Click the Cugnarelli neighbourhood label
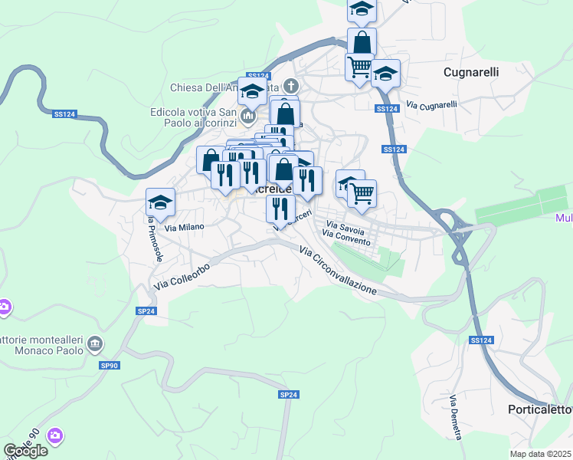point(471,72)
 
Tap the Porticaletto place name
point(540,410)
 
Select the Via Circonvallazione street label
point(338,271)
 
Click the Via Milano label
point(185,228)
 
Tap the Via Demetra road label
point(456,417)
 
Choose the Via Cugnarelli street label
point(431,104)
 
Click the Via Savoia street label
point(345,228)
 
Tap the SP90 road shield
point(110,366)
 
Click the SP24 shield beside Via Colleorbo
point(146,310)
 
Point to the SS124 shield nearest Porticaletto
point(480,340)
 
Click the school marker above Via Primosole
point(160,202)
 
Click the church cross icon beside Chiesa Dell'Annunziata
point(290,85)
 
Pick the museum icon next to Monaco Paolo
point(94,343)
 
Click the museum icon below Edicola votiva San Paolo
point(247,117)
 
